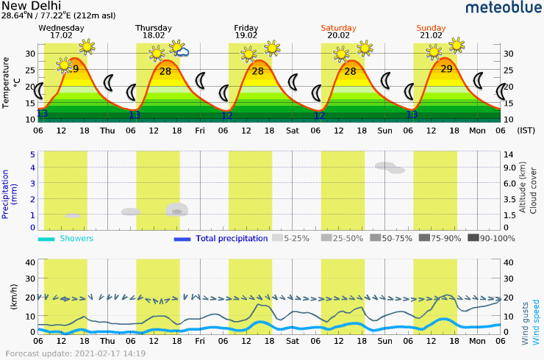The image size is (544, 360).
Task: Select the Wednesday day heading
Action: point(61,28)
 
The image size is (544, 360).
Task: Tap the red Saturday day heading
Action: point(338,28)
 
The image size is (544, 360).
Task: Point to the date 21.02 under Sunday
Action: point(431,35)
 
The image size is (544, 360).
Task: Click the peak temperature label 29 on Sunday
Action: point(445,69)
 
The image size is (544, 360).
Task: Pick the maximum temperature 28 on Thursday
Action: point(165,71)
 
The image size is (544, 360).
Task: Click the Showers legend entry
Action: point(76,239)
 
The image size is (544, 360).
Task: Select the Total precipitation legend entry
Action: point(231,239)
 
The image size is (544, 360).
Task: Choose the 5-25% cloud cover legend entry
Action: point(291,238)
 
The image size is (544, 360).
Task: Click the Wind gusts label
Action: point(525,323)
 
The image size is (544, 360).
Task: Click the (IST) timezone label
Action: point(526,131)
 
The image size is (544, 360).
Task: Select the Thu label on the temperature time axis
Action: point(107,131)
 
